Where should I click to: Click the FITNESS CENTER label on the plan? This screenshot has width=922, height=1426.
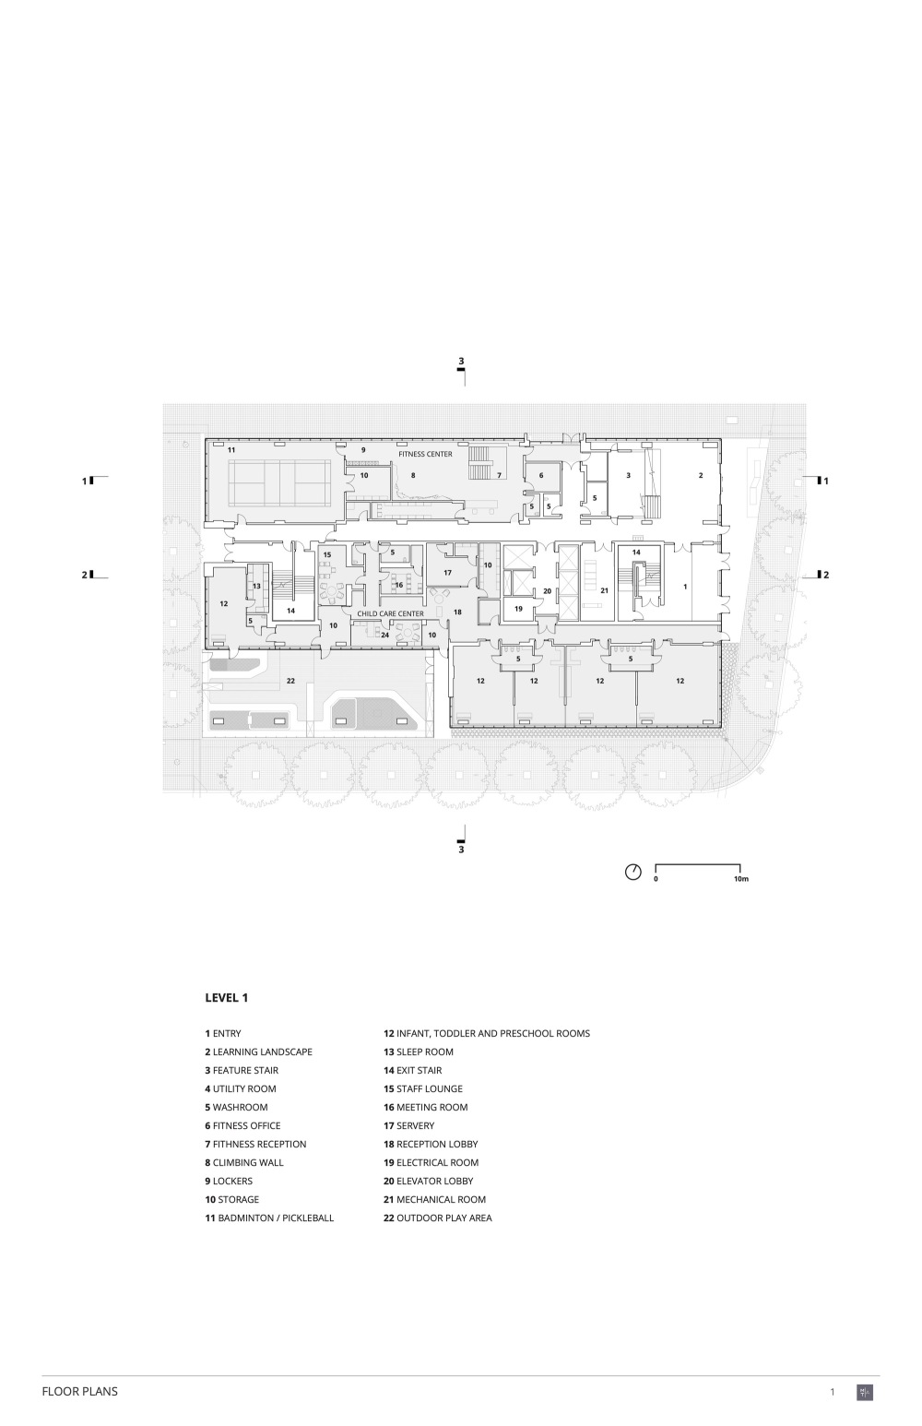point(425,454)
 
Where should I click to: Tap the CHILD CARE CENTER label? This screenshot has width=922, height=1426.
point(390,613)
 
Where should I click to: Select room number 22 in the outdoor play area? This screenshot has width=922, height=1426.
point(290,681)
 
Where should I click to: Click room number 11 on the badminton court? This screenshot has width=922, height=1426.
point(231,450)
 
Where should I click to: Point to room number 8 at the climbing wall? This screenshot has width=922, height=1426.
point(413,476)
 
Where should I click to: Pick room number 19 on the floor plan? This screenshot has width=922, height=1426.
point(518,610)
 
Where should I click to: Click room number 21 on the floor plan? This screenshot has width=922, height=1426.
point(605,590)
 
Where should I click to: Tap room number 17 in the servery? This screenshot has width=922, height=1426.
point(447,573)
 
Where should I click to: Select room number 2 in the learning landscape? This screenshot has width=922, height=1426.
point(701,476)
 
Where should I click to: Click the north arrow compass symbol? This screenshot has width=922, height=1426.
point(633,873)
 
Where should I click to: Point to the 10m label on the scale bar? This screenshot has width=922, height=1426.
point(741,879)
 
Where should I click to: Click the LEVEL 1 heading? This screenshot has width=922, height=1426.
point(227,998)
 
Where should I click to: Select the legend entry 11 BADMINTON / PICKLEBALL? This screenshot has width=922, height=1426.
point(269,1218)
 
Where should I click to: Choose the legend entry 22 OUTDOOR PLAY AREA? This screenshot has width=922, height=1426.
point(437,1218)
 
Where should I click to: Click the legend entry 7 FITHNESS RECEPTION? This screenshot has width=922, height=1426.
point(255,1144)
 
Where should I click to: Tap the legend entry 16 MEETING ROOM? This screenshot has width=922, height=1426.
point(425,1107)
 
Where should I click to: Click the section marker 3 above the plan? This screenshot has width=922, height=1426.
point(461,362)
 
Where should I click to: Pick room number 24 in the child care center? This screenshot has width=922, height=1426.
point(385,635)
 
